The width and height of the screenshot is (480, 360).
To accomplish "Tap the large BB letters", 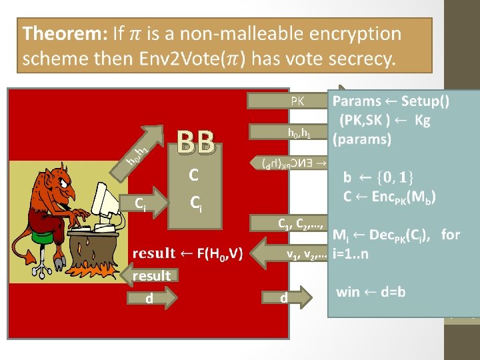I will pos(197,141).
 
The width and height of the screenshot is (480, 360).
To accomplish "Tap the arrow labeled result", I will pos(151,276).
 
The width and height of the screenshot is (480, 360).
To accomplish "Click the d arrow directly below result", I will pos(151,297).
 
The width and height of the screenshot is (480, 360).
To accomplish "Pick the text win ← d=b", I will pos(371,291).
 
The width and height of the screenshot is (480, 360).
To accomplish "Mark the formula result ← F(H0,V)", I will pos(188,253).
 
